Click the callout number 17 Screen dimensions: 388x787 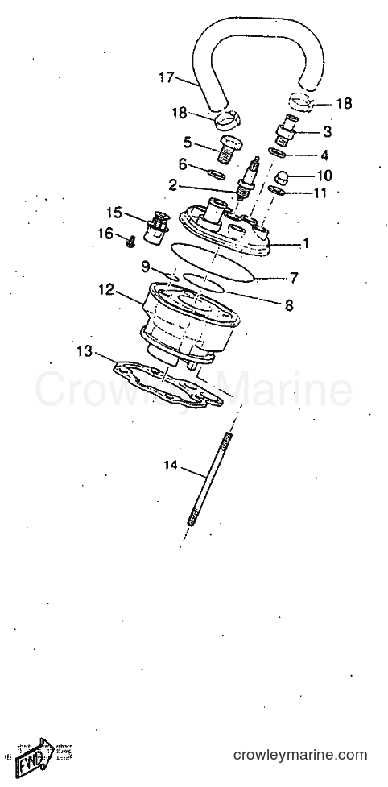pyautogui.click(x=167, y=78)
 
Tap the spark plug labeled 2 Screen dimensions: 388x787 pyautogui.click(x=250, y=178)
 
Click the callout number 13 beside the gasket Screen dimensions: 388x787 pyautogui.click(x=85, y=351)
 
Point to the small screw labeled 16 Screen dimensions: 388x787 pyautogui.click(x=131, y=243)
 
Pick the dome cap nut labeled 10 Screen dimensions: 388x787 pyautogui.click(x=283, y=179)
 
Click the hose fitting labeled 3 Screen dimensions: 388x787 pyautogui.click(x=287, y=130)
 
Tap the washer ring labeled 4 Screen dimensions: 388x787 pyautogui.click(x=278, y=152)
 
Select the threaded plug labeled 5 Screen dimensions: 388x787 pyautogui.click(x=228, y=150)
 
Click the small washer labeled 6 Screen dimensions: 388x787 pyautogui.click(x=217, y=174)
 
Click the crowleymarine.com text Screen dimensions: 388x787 pyautogui.click(x=300, y=754)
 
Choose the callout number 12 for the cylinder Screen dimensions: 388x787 pyautogui.click(x=106, y=290)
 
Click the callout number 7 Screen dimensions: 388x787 pyautogui.click(x=294, y=278)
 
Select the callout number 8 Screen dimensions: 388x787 pyautogui.click(x=289, y=305)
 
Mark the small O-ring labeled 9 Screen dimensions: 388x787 pyautogui.click(x=171, y=275)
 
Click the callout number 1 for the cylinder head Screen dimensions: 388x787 pyautogui.click(x=305, y=244)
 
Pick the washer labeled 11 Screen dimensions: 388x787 pyautogui.click(x=277, y=190)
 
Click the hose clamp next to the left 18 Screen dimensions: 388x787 pyautogui.click(x=227, y=120)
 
